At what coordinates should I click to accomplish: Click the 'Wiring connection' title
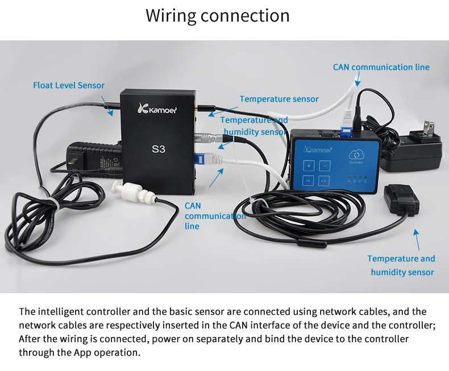(217, 15)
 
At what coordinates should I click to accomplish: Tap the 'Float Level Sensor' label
(69, 85)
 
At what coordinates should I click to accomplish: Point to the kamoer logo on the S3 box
(158, 108)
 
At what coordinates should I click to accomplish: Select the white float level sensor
(136, 193)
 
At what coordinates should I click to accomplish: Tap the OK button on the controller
(307, 181)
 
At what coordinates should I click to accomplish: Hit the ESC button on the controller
(324, 181)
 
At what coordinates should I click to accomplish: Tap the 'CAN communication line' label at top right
(381, 67)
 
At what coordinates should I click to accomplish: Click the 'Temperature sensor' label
(279, 99)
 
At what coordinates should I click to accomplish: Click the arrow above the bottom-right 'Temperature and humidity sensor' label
(417, 239)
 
